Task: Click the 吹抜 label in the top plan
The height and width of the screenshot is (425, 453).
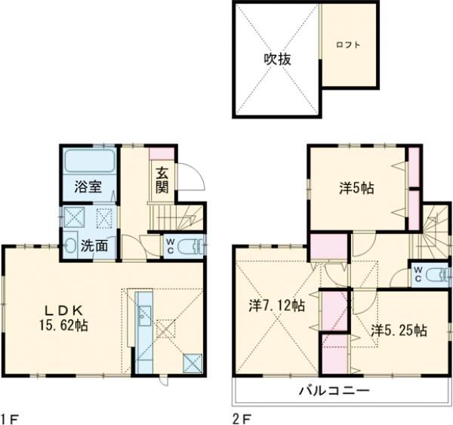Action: click(278, 58)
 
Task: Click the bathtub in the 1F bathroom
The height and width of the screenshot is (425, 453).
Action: click(88, 161)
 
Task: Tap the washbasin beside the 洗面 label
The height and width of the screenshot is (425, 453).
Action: click(69, 245)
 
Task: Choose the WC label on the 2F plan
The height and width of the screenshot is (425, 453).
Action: click(418, 274)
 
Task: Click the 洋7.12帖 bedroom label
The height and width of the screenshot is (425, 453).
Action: click(277, 306)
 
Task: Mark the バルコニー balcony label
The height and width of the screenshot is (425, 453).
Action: click(333, 390)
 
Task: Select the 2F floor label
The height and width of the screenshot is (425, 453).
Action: click(240, 417)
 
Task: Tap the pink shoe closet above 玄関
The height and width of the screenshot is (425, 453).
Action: click(162, 153)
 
